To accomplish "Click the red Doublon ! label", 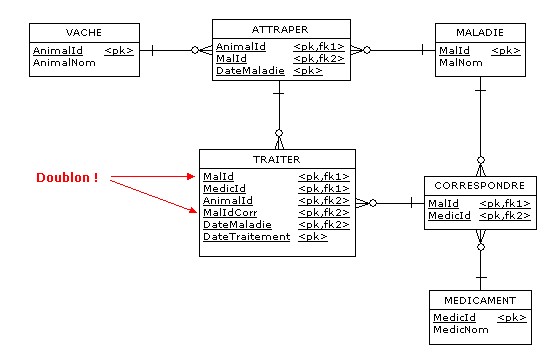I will point(67,178).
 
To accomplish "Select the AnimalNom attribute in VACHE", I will point(61,62).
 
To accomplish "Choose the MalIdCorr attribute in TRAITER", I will point(231,212).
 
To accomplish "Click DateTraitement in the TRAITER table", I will point(246,237).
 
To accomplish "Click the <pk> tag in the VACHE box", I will point(118,49).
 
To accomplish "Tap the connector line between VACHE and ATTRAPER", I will point(170,49).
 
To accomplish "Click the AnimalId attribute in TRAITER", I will point(226,200).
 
